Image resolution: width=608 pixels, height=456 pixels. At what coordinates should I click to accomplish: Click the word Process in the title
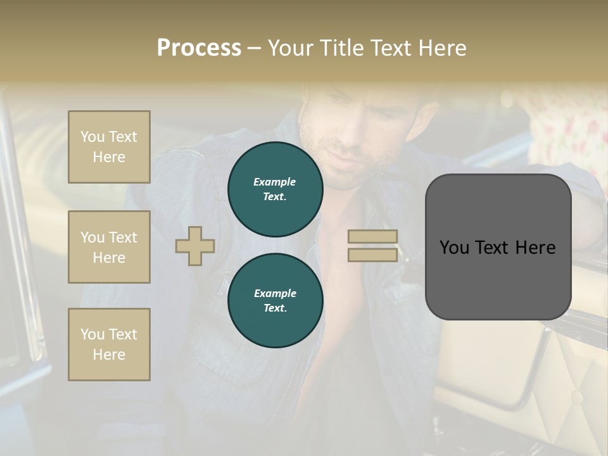coord(199,48)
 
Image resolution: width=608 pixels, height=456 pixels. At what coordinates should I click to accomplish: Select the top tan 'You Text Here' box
coord(109,147)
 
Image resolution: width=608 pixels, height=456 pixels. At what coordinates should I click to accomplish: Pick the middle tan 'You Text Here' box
coord(109,247)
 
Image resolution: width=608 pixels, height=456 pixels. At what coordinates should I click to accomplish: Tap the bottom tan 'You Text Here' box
coord(109,345)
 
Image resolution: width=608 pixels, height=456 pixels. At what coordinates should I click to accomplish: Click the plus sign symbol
coord(195,246)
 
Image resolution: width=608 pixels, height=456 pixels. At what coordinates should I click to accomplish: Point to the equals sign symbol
coord(372,246)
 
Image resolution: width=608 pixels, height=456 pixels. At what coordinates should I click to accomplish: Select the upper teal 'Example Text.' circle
coord(275,189)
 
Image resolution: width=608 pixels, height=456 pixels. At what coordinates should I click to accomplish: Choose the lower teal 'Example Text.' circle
coord(275,301)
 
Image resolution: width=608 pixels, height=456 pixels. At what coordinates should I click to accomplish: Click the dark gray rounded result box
coord(498,247)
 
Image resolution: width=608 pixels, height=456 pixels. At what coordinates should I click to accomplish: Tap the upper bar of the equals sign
coord(372,237)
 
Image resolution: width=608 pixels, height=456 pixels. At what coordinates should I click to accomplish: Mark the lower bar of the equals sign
coord(372,255)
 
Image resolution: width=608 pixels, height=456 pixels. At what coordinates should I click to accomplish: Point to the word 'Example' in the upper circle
coord(275,182)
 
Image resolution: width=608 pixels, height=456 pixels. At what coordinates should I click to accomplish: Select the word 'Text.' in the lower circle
coord(275,308)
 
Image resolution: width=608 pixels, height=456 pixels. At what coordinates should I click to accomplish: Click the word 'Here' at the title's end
coord(442,48)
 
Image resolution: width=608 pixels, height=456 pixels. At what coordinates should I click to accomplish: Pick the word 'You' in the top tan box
coord(92,137)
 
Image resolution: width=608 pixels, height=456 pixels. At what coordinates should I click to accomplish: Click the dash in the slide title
coord(254,48)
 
